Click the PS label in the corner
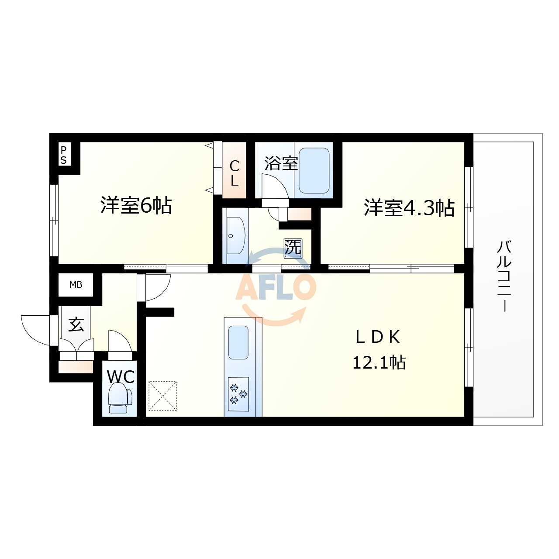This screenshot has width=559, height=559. point(64,155)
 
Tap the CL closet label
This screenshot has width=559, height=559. point(235,173)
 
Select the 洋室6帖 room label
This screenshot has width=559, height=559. point(136,205)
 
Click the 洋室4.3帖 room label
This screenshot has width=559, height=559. point(409,208)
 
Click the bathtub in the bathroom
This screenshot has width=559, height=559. point(313,171)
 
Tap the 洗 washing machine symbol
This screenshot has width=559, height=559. point(293,248)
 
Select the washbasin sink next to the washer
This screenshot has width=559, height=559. point(236,235)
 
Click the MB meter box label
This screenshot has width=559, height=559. point(76,285)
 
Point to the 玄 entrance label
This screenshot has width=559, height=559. point(76,324)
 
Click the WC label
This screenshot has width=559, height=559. point(121,376)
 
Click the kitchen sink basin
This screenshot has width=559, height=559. point(238,342)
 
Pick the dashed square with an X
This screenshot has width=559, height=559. point(162,396)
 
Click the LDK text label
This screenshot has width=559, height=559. point(378,337)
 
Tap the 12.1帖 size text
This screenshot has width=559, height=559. point(379,362)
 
